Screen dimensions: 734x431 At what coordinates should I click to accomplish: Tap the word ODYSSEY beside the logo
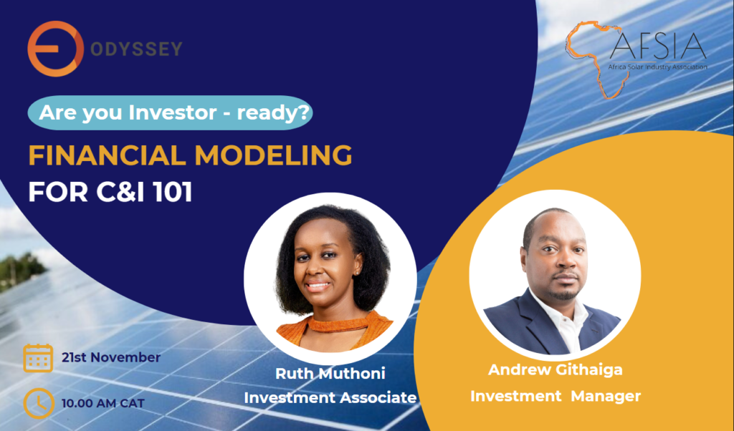tap(136, 49)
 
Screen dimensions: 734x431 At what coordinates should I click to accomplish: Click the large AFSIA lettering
tap(658, 46)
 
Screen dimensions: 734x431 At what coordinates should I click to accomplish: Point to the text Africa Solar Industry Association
tap(658, 67)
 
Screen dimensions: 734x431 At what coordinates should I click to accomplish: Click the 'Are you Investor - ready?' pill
tap(170, 112)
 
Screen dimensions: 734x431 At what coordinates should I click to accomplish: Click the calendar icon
tap(38, 358)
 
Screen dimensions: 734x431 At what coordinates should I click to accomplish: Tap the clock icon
tap(38, 403)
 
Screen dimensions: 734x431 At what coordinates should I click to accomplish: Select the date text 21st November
tap(111, 357)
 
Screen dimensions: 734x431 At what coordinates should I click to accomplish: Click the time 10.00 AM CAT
tap(103, 403)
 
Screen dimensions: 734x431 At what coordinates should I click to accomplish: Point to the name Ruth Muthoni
tap(330, 374)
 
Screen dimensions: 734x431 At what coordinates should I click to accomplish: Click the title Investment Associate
tap(330, 398)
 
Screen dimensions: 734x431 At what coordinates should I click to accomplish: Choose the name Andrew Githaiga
tap(556, 369)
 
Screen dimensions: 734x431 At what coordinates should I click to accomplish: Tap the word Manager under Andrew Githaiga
tap(606, 396)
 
